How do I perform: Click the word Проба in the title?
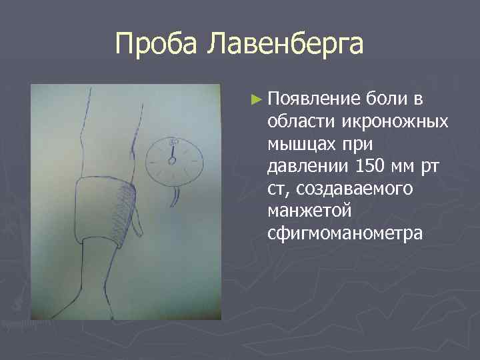coord(155,45)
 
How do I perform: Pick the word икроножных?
coord(395,122)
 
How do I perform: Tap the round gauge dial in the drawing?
coord(174,159)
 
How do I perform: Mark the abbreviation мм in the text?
coord(403,167)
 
